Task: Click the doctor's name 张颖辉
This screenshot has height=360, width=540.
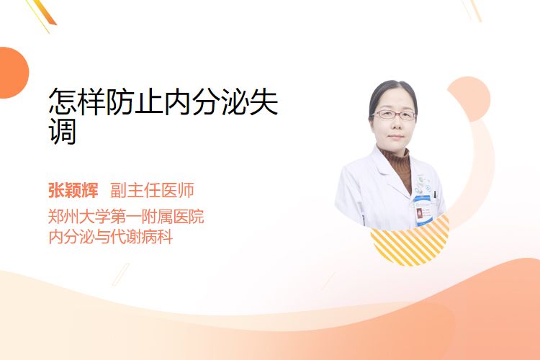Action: coord(73,190)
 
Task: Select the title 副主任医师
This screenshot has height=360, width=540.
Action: coord(152,190)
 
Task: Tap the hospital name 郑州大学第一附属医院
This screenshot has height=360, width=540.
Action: coord(126,216)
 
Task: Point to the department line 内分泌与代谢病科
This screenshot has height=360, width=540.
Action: coord(111,237)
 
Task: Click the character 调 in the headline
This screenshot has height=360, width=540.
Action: coord(63,131)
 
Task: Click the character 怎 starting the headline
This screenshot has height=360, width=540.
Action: coord(63,101)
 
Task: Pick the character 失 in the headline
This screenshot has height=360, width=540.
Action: coord(264,101)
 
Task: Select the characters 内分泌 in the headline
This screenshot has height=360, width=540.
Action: coord(207,101)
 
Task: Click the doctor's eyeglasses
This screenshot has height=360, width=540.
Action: coord(394,114)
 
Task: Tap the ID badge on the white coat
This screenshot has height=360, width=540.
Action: coord(423,210)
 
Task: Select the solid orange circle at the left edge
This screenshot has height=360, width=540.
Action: coord(13,73)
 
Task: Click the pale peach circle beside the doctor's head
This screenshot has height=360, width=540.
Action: coord(469,99)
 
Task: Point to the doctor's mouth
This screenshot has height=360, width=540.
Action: coord(396,137)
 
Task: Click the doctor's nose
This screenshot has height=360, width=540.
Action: coord(396,125)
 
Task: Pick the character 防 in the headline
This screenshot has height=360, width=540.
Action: coord(120,101)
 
